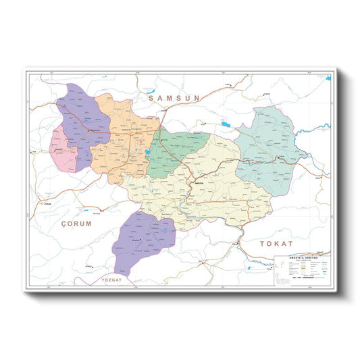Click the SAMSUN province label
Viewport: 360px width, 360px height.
coord(173,98)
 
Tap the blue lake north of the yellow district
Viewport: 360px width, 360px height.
coord(223,124)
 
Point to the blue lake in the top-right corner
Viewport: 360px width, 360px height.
coord(328,79)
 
